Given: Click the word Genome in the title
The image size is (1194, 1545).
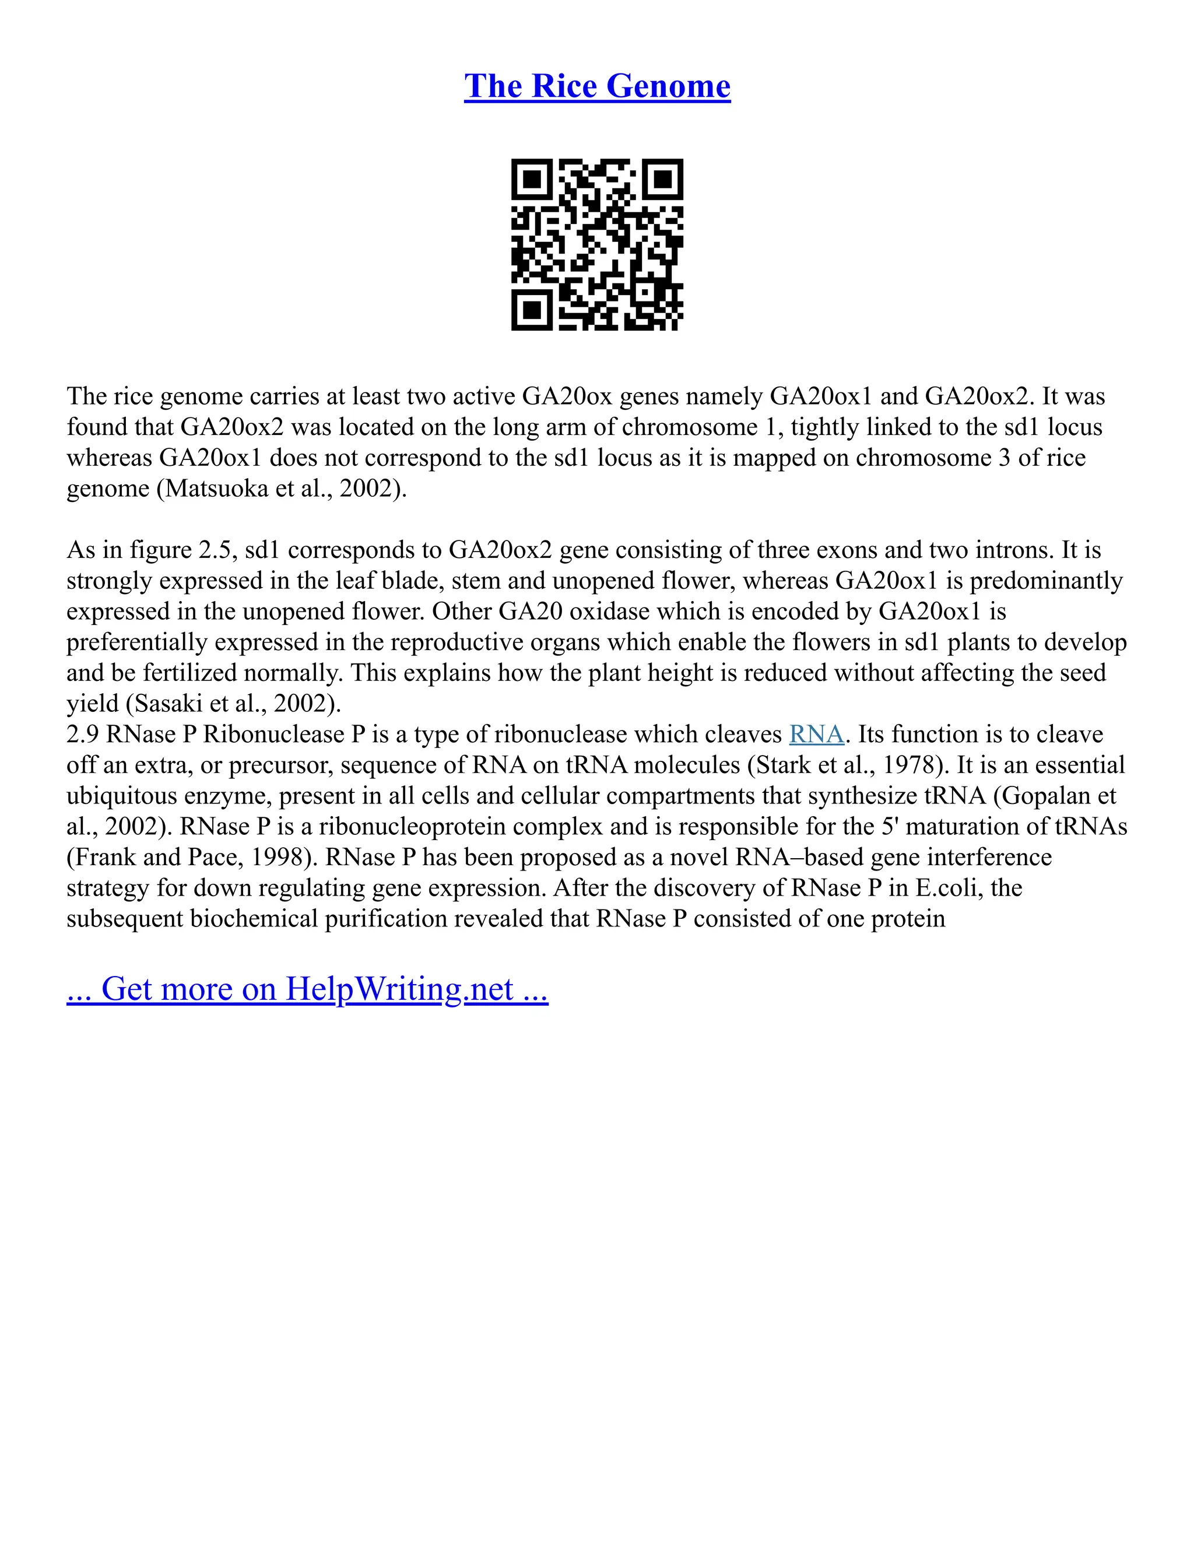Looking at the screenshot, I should click(668, 86).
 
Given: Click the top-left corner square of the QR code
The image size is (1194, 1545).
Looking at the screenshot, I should click(531, 179).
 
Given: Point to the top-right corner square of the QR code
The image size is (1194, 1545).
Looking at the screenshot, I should click(663, 179).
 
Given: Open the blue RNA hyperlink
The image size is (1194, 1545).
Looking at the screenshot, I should click(816, 734).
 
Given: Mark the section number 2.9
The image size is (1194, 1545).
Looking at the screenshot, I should click(83, 734).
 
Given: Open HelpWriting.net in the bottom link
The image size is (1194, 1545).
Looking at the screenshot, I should click(399, 989).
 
